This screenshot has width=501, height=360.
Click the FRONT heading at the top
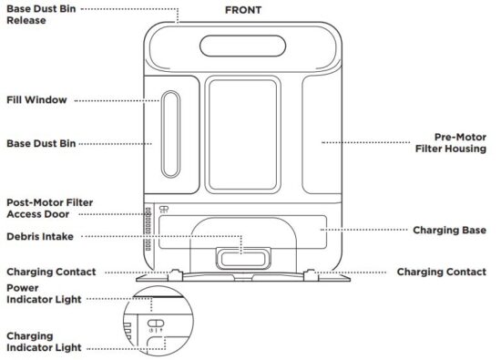pos(242,10)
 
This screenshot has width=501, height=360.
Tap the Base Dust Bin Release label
pos(45,14)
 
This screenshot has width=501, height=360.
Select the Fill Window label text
pos(36,99)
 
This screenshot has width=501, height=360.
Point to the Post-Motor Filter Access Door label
pos(50,208)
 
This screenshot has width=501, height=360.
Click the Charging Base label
pos(455,231)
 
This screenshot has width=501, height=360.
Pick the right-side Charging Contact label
pos(442,272)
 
